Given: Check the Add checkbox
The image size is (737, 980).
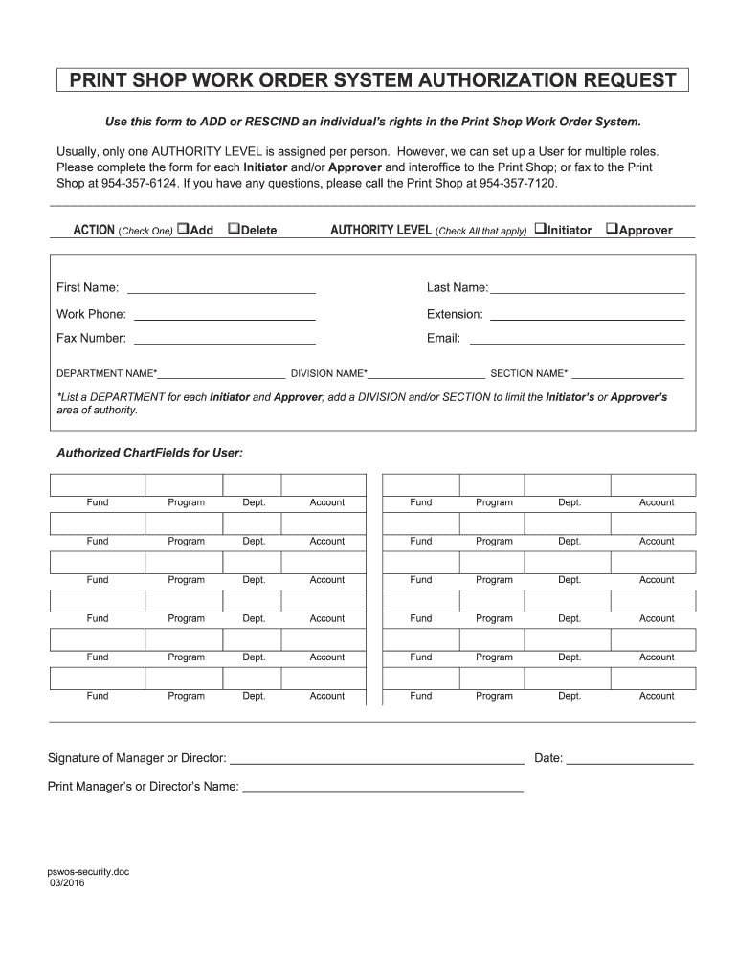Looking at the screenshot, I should point(183,230).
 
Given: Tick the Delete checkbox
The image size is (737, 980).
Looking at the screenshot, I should point(233,230).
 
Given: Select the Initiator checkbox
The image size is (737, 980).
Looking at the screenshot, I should point(540,230).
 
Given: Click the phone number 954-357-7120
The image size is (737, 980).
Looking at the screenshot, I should point(516,182).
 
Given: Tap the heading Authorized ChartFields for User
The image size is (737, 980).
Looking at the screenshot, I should point(149,452).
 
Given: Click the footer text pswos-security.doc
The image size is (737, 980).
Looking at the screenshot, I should point(88,872).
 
